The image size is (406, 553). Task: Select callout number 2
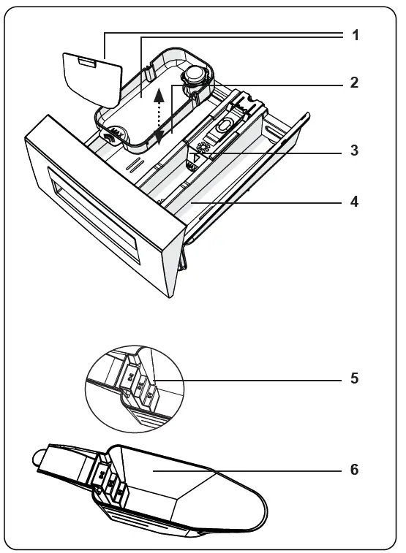(x=355, y=83)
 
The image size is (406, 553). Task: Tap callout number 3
(x=355, y=153)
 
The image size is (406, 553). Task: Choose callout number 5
(x=355, y=379)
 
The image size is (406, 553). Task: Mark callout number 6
(x=355, y=470)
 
